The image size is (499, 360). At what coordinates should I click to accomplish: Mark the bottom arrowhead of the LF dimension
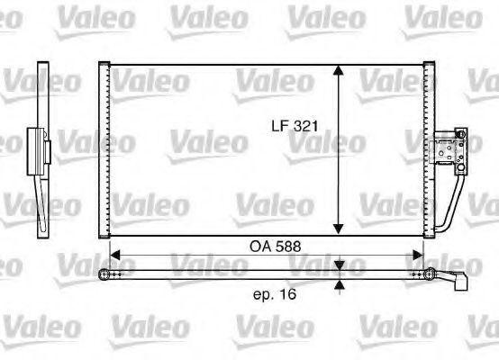339,228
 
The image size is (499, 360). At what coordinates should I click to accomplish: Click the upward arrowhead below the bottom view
339,285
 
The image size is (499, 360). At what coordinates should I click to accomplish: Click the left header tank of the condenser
104,148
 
